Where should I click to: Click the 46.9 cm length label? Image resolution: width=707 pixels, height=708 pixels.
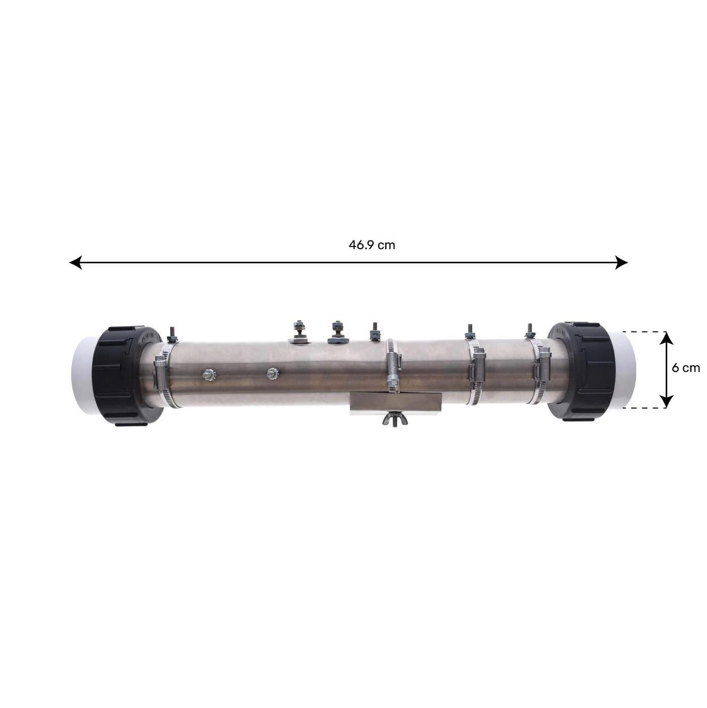[372, 245]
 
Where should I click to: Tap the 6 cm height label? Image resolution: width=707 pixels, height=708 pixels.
[686, 367]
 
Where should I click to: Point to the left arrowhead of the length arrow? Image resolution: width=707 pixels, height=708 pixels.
[76, 262]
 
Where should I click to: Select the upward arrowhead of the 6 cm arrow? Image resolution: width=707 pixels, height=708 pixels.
[667, 338]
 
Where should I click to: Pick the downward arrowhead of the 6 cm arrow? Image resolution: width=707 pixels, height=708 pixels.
[667, 401]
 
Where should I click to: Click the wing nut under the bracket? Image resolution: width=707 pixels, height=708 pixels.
[395, 419]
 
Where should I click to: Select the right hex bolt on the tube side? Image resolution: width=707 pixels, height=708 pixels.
[273, 373]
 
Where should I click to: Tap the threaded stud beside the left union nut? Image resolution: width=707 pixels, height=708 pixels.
[171, 334]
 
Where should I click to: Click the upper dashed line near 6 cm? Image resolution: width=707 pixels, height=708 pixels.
[641, 332]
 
